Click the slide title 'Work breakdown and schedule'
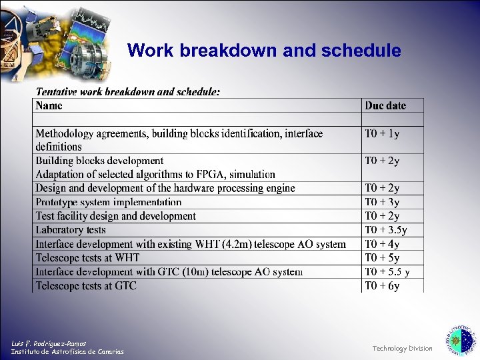point(264,51)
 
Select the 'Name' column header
point(49,105)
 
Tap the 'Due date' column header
point(385,105)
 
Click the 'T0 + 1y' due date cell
point(382,133)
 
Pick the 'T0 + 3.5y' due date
point(385,230)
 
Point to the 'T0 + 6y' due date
point(382,286)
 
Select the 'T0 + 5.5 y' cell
point(387,272)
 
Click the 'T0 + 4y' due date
point(382,244)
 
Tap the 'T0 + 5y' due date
point(382,258)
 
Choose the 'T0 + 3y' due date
point(382,202)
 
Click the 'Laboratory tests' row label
point(71,230)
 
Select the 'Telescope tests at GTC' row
point(86,286)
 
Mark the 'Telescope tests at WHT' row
point(87,258)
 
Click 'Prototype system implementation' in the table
point(109,202)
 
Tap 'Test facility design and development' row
point(116,216)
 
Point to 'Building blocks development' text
point(99,161)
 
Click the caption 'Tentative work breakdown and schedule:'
point(128,92)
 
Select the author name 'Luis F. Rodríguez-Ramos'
point(49,343)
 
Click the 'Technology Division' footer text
point(402,348)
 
